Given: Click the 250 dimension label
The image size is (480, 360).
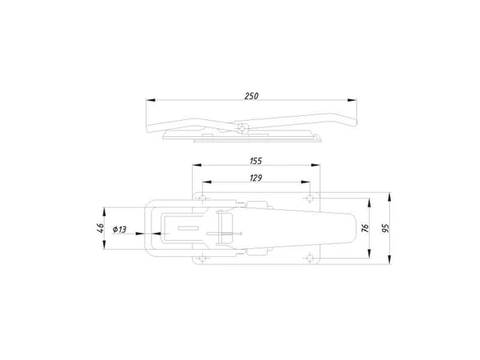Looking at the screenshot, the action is pyautogui.click(x=251, y=96).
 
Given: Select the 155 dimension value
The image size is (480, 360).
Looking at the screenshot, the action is pyautogui.click(x=256, y=161).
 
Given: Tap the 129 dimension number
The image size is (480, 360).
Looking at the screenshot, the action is pyautogui.click(x=256, y=178).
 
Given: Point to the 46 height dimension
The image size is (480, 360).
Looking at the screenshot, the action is pyautogui.click(x=101, y=228).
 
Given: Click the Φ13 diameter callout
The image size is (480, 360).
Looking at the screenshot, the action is pyautogui.click(x=119, y=229).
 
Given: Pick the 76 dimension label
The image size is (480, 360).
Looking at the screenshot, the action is pyautogui.click(x=365, y=228).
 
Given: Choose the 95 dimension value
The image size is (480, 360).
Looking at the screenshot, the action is pyautogui.click(x=386, y=228).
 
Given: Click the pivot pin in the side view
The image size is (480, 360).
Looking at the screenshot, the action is pyautogui.click(x=242, y=128).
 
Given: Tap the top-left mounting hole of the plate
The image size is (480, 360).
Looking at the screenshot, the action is pyautogui.click(x=202, y=198).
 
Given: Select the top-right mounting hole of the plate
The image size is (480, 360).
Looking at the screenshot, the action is pyautogui.click(x=310, y=198).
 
